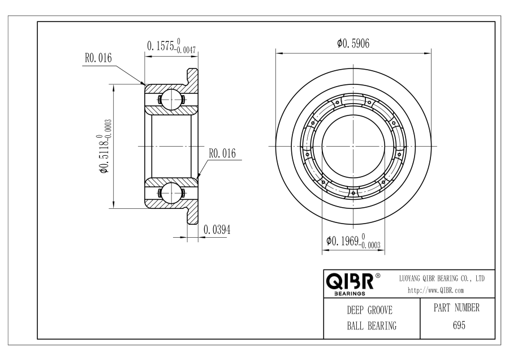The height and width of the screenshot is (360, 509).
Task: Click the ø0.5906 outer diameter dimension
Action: point(353,43)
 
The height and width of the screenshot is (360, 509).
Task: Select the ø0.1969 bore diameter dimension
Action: point(353,241)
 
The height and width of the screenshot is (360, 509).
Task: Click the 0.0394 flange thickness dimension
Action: point(217,230)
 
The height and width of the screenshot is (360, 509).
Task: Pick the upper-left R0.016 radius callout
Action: point(98,58)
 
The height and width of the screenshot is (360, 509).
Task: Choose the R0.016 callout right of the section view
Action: point(222,153)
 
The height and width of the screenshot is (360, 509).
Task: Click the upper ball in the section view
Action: point(171,99)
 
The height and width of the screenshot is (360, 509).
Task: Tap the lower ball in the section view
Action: point(171,193)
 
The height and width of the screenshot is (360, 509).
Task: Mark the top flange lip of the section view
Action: point(192,75)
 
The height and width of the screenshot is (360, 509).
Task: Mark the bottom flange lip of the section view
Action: point(192,216)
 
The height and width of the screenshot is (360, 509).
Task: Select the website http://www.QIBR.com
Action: point(435,290)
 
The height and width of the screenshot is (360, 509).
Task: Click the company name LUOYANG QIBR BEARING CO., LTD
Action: point(442,278)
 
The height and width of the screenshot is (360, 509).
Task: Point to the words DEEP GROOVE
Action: point(370,310)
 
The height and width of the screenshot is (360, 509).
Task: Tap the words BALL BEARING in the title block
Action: point(372,325)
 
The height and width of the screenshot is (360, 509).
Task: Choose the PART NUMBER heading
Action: point(456,308)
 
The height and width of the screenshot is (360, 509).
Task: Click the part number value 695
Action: point(459,325)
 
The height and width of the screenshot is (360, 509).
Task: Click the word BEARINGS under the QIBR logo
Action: point(350,294)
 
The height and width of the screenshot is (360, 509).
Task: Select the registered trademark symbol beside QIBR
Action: point(378,276)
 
